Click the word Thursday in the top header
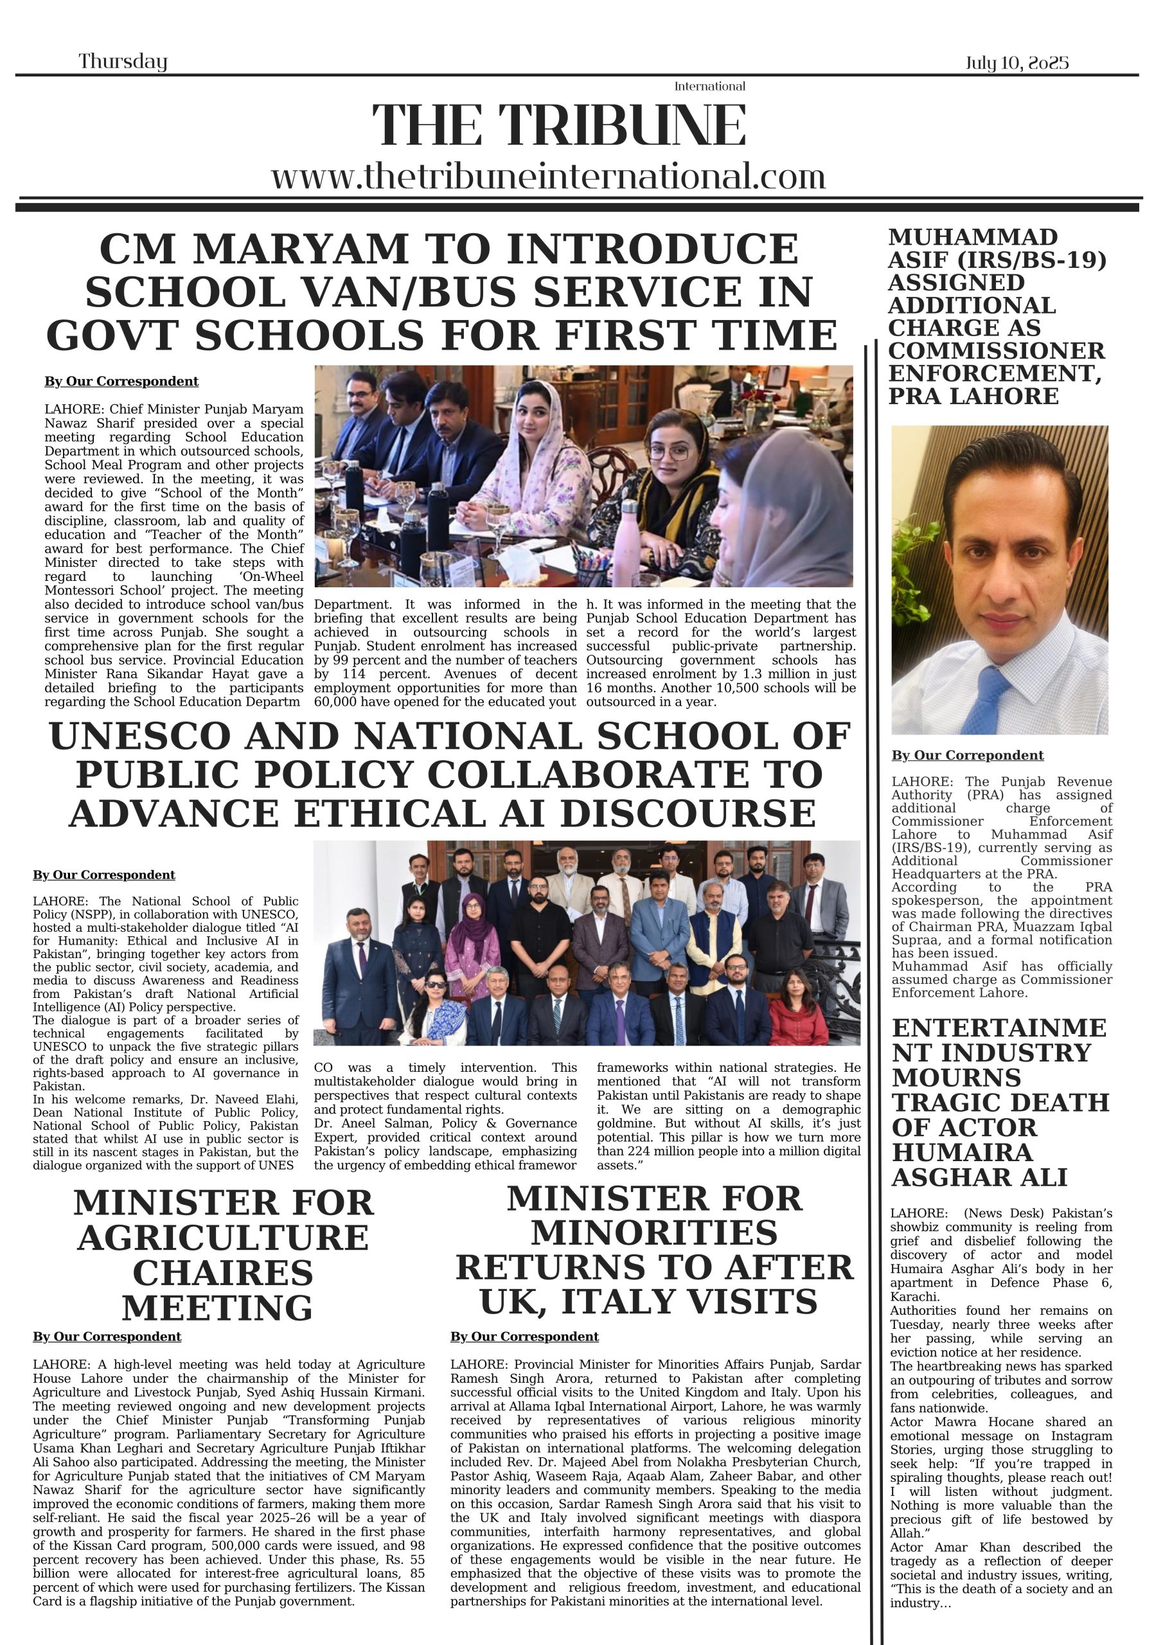(x=123, y=62)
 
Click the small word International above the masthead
(x=709, y=87)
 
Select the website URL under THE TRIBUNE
(x=548, y=176)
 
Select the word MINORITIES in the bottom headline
(x=654, y=1233)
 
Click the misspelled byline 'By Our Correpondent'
(x=968, y=755)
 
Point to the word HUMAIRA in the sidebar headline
(x=963, y=1152)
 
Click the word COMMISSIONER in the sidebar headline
(x=996, y=350)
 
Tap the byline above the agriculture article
(x=107, y=1337)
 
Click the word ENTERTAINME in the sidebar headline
(x=999, y=1027)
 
